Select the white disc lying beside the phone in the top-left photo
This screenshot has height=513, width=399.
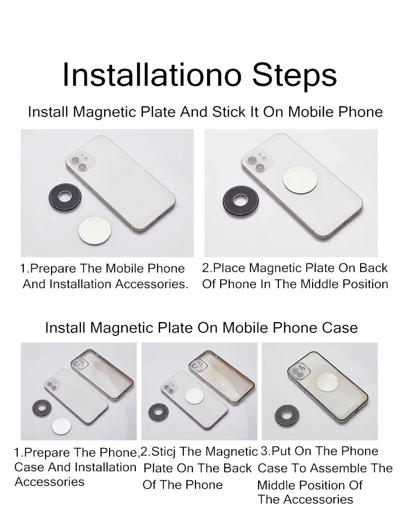[x=94, y=230]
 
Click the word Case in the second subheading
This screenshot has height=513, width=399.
[x=340, y=327]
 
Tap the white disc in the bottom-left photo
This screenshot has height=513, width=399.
[x=61, y=426]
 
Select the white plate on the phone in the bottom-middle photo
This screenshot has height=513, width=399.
[x=194, y=396]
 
